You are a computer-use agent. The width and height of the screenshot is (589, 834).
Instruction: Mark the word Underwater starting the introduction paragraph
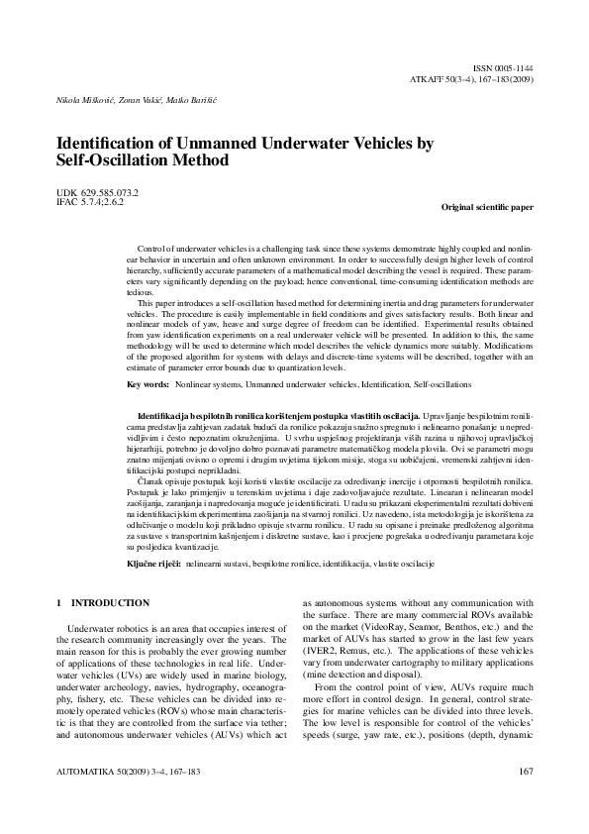92,628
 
